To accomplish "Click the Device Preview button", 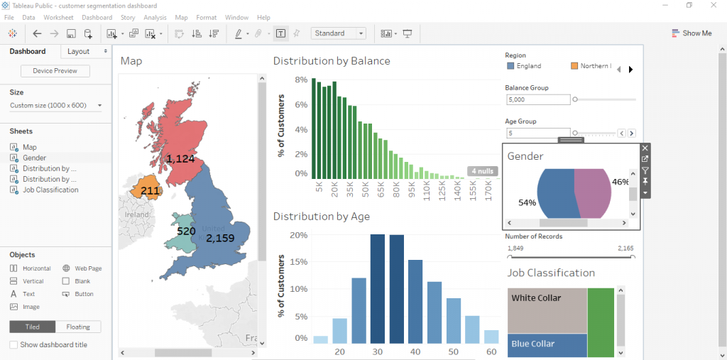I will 55,71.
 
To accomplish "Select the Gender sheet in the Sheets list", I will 34,158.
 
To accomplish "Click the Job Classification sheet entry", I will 50,190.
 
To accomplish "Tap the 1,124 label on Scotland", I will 180,159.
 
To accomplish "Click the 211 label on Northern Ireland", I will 150,191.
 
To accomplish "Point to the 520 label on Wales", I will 186,231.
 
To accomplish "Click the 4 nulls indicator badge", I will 482,171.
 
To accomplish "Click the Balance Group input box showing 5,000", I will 537,99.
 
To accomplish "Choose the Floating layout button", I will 78,327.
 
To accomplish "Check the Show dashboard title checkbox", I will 13,345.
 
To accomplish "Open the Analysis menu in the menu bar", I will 155,17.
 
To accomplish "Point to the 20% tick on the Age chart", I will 298,235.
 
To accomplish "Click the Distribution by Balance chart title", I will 332,61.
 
